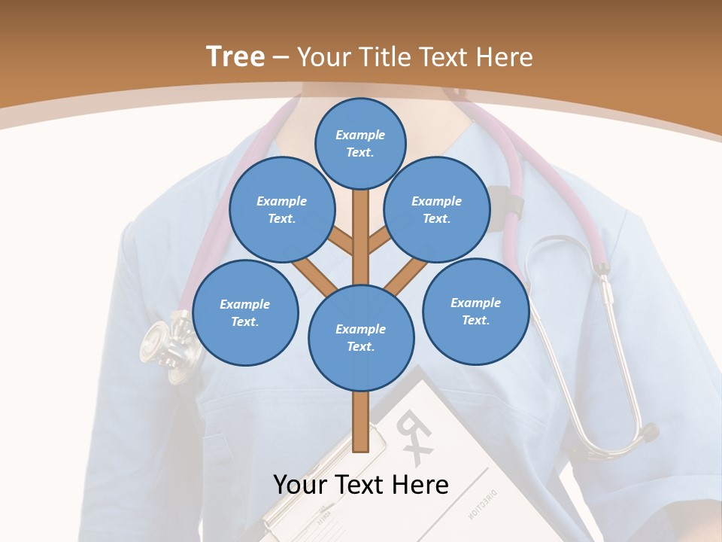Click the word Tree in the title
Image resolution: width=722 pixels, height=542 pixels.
click(x=235, y=56)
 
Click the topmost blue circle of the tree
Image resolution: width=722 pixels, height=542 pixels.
click(x=360, y=143)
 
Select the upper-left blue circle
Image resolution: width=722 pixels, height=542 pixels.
click(x=282, y=210)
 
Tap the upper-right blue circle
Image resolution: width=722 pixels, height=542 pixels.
click(x=437, y=210)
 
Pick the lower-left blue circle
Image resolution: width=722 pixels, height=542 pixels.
click(x=245, y=313)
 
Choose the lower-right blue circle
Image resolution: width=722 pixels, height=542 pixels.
click(x=475, y=311)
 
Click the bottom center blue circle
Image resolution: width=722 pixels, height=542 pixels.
click(x=361, y=338)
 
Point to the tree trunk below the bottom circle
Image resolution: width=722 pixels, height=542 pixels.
click(x=361, y=422)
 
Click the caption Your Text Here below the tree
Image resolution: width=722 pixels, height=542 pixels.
click(x=361, y=485)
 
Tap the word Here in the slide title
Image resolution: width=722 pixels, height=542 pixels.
click(x=505, y=57)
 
